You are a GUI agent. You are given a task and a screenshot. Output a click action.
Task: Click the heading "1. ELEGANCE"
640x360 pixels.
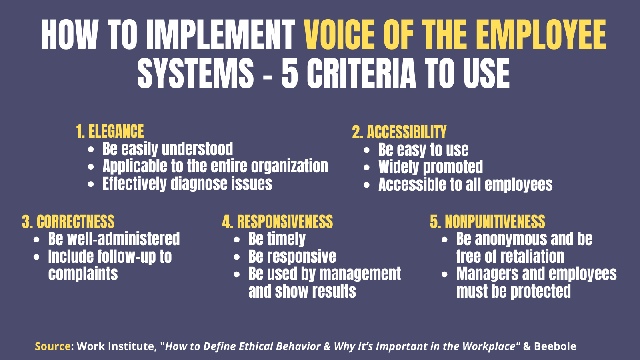pyautogui.click(x=110, y=132)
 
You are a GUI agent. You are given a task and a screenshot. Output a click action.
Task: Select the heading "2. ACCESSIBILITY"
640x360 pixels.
pyautogui.click(x=399, y=132)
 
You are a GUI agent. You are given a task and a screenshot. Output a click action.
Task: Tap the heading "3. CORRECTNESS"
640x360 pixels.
pyautogui.click(x=68, y=222)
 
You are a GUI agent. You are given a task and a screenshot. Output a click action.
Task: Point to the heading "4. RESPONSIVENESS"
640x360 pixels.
pyautogui.click(x=278, y=222)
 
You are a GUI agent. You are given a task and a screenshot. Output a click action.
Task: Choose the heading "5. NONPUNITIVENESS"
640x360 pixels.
pyautogui.click(x=488, y=222)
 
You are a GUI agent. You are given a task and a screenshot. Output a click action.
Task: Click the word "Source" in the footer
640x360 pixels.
pyautogui.click(x=52, y=346)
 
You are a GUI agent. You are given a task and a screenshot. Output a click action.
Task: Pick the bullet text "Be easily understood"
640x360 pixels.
pyautogui.click(x=168, y=149)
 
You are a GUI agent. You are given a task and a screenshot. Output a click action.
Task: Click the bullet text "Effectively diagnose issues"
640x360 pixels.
pyautogui.click(x=187, y=184)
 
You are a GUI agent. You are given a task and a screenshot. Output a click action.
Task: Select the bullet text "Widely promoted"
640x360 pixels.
pyautogui.click(x=431, y=167)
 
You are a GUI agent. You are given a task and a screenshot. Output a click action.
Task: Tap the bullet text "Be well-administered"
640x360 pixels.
pyautogui.click(x=114, y=239)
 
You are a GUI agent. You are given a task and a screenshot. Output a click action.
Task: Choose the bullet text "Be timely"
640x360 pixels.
pyautogui.click(x=277, y=239)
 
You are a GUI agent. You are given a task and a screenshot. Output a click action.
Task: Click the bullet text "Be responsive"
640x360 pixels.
pyautogui.click(x=292, y=257)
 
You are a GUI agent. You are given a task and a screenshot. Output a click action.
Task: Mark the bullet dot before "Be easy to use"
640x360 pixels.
pyautogui.click(x=367, y=150)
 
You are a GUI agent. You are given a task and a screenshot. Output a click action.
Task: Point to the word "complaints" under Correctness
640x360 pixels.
pyautogui.click(x=83, y=274)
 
